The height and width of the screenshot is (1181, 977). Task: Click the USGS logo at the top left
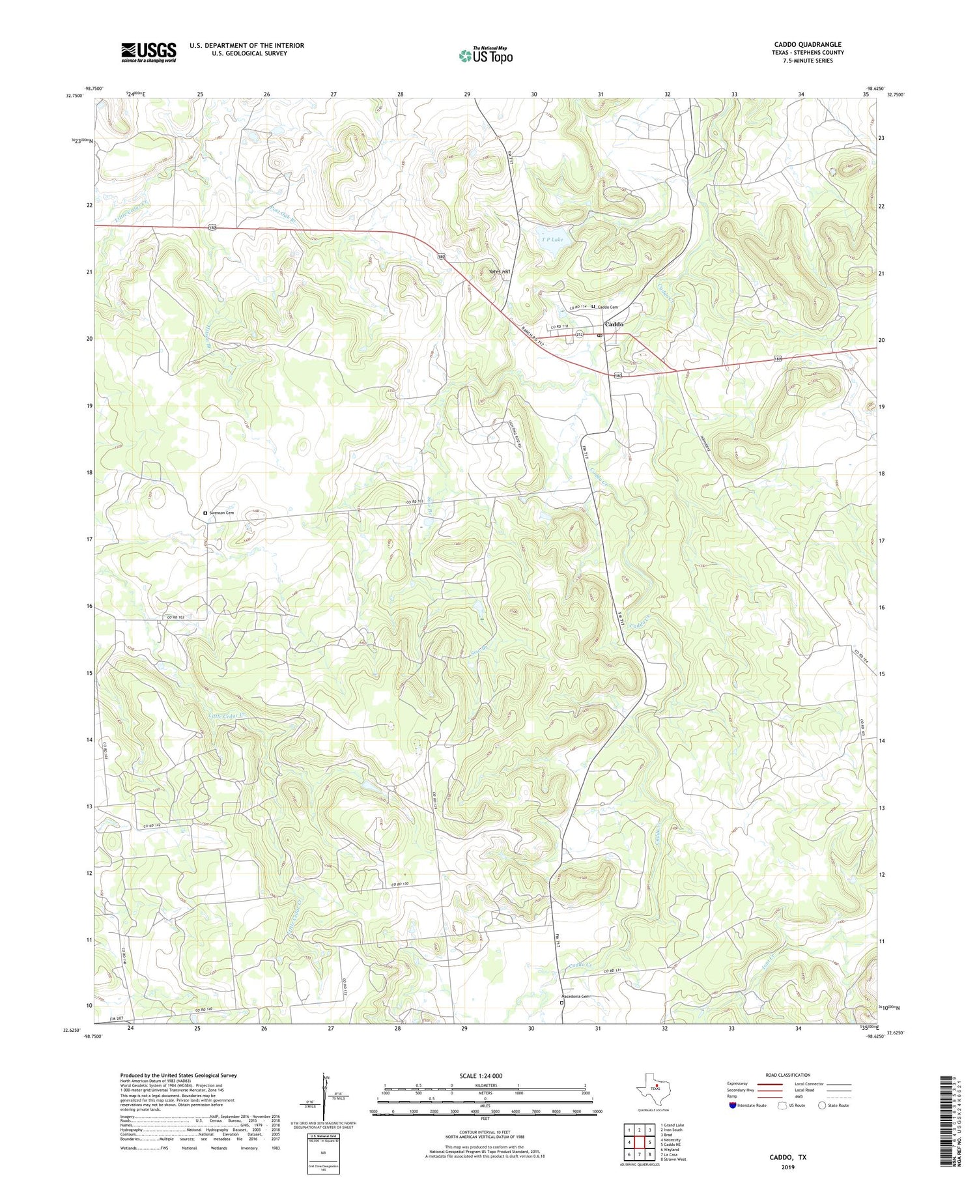[149, 53]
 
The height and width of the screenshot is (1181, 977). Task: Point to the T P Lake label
[552, 239]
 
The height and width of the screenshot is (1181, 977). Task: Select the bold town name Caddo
[614, 324]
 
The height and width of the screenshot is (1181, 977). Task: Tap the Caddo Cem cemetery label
[607, 307]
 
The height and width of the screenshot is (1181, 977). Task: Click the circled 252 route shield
[579, 335]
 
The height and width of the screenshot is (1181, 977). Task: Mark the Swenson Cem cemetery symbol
[205, 513]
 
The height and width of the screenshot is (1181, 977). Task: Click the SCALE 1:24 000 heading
[485, 1076]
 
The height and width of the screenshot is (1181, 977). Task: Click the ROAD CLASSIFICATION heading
[788, 1075]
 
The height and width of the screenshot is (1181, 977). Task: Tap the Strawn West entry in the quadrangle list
[673, 1160]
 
